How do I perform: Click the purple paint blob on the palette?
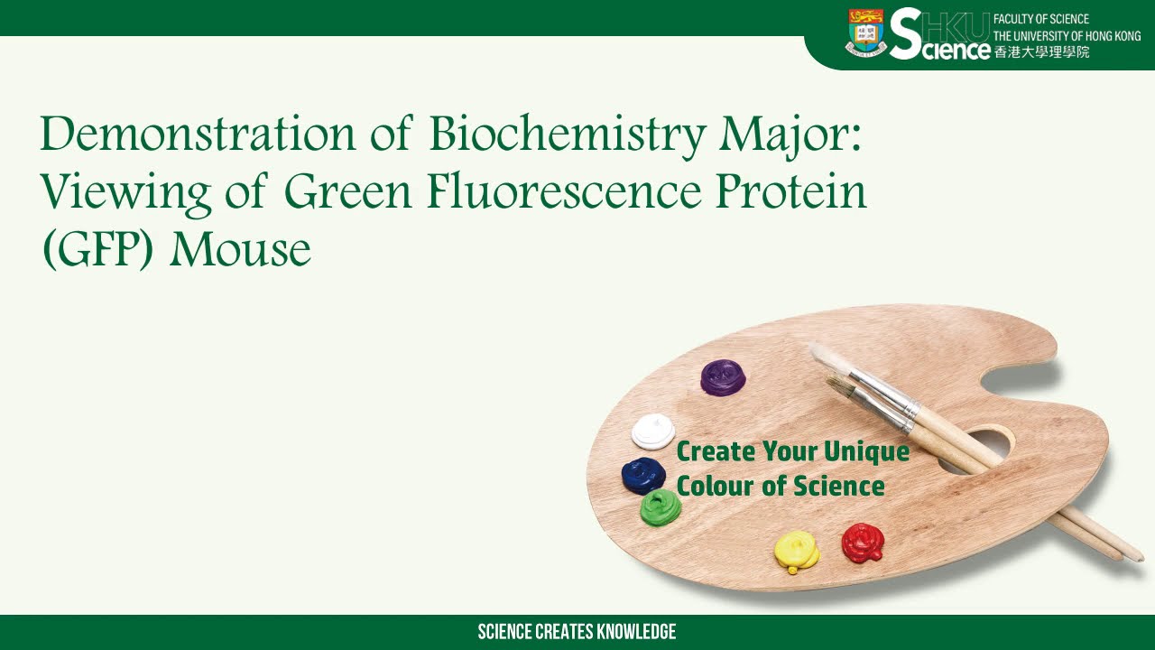pyautogui.click(x=723, y=376)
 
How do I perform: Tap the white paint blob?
pyautogui.click(x=652, y=432)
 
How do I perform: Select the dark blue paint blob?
pyautogui.click(x=643, y=474)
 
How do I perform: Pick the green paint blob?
pyautogui.click(x=661, y=508)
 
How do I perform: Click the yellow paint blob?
pyautogui.click(x=797, y=549)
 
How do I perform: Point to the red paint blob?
pyautogui.click(x=863, y=543)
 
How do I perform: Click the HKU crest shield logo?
pyautogui.click(x=866, y=33)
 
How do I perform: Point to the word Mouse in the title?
pyautogui.click(x=240, y=249)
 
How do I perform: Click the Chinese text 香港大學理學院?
pyautogui.click(x=1041, y=51)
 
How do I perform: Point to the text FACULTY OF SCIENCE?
pyautogui.click(x=1041, y=19)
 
